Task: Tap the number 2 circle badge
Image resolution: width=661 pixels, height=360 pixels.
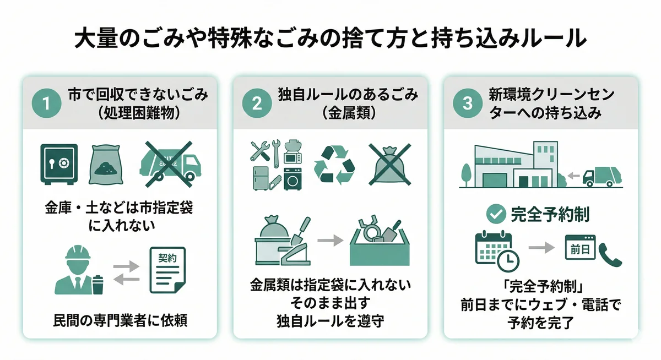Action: click(x=257, y=103)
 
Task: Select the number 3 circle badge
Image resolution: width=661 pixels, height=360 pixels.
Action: click(x=467, y=103)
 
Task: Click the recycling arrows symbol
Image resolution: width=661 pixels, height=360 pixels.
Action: click(x=334, y=164)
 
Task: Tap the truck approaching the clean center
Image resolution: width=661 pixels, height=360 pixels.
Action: click(x=602, y=176)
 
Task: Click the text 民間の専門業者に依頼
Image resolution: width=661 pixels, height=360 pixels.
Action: click(x=120, y=320)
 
